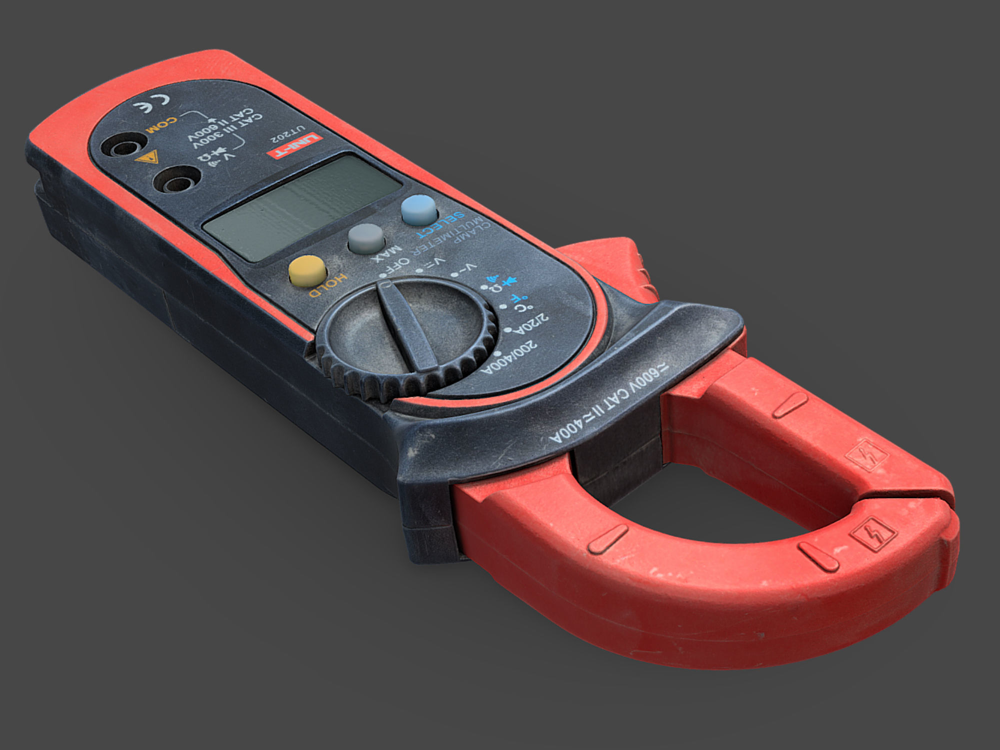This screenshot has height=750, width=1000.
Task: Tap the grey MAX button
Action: (x=366, y=238)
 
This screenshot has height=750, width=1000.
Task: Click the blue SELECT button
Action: (x=419, y=209)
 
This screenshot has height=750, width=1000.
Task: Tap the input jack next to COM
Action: (x=123, y=146)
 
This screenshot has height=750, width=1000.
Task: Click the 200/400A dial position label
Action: (x=509, y=357)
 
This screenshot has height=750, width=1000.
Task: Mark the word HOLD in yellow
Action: (x=327, y=286)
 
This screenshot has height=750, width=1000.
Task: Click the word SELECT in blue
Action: (x=440, y=225)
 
